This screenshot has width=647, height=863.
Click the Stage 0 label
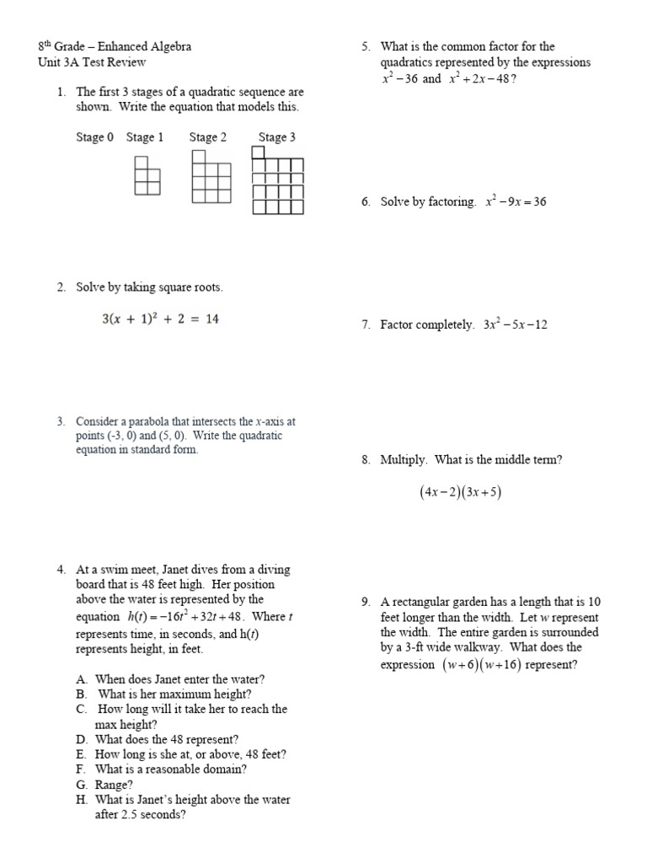point(94,137)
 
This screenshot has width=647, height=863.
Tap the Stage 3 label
point(276,137)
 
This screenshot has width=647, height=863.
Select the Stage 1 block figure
point(147,176)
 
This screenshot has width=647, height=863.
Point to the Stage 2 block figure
point(211,178)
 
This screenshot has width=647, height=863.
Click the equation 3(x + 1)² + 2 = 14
point(160,319)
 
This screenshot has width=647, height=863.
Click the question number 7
point(366,324)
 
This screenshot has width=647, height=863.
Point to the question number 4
point(61,570)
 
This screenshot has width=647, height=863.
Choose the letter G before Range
point(81,785)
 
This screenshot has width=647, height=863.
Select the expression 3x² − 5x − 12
point(516,324)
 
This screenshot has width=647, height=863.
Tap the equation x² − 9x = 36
point(516,202)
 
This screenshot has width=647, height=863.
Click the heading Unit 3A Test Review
point(92,62)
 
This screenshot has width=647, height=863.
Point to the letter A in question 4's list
point(81,678)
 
